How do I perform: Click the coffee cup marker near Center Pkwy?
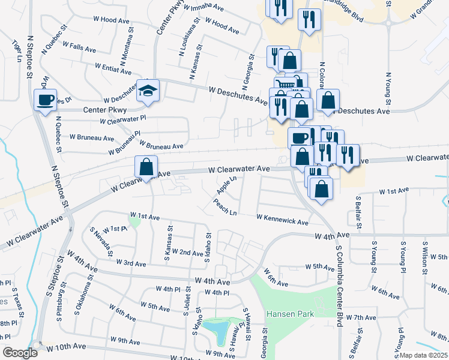[46, 100]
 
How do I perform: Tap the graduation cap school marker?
[146, 91]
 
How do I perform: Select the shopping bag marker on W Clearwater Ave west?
[146, 167]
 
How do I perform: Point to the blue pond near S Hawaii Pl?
[217, 328]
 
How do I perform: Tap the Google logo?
[20, 353]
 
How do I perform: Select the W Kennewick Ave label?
[282, 219]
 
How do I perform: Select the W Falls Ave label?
[74, 47]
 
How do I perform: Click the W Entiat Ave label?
[113, 68]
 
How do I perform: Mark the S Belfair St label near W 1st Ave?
[358, 212]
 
